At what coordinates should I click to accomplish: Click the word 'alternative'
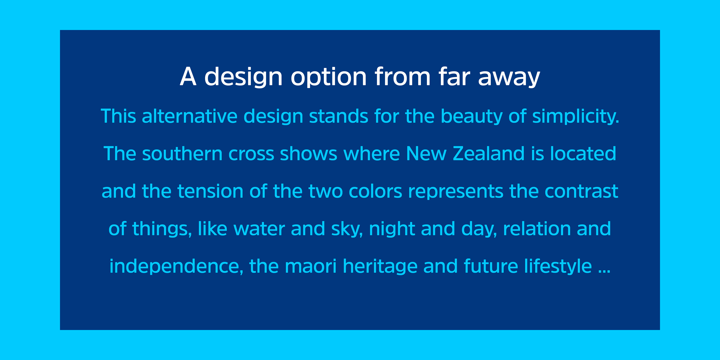pos(190,116)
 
